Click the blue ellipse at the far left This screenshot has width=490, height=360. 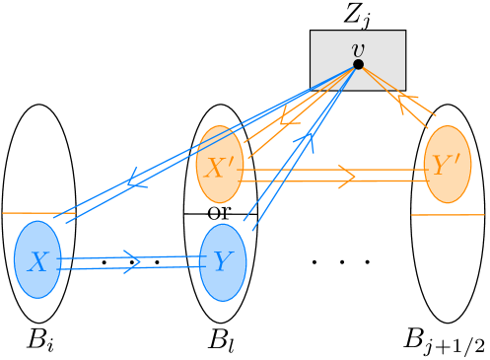(x=37, y=259)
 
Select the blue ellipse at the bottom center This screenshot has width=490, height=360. (x=223, y=262)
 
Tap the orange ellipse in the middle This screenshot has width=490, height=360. (x=220, y=165)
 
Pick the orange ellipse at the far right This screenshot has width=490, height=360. (x=448, y=165)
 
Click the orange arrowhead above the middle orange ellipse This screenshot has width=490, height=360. (x=286, y=117)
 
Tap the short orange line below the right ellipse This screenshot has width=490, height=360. (x=448, y=214)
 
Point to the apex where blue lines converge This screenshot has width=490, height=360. (x=354, y=68)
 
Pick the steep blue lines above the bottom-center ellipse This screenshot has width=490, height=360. (x=286, y=173)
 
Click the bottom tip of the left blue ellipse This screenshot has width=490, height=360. (x=37, y=298)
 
